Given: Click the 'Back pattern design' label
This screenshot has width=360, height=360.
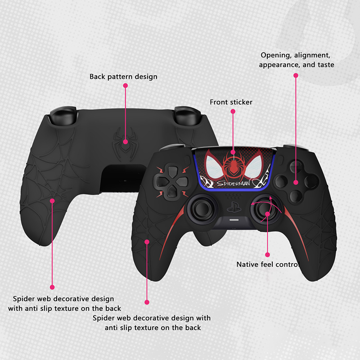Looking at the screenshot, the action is click(123, 76).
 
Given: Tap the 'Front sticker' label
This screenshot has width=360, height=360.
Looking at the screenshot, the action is click(231, 102).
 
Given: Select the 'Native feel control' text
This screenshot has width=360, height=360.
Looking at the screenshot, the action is click(268, 265).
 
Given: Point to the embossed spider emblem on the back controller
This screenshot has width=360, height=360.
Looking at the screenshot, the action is click(125, 144).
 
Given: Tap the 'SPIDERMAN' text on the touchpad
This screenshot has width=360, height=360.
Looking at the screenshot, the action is click(233, 183).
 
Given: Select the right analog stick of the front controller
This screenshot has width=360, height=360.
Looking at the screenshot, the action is click(266, 209).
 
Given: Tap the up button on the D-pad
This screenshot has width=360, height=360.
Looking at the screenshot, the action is click(172, 171).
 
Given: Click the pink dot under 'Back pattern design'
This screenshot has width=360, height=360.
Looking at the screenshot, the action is click(126, 85).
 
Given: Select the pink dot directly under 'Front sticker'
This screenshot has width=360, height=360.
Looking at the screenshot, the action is click(233, 111).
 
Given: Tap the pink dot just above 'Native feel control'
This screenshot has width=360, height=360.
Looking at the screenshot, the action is click(267, 255).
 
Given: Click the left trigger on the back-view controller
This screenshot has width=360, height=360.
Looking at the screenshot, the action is click(63, 116).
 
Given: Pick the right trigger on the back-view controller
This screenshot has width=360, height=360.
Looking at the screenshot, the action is click(188, 116).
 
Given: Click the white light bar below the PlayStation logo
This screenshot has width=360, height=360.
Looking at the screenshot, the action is click(234, 220).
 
